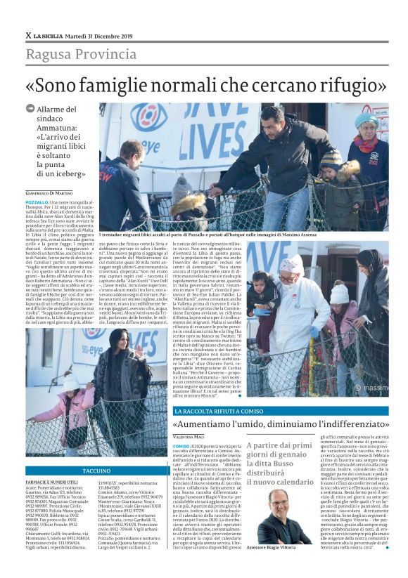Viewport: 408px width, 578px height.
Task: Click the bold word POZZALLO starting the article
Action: pos(39,202)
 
